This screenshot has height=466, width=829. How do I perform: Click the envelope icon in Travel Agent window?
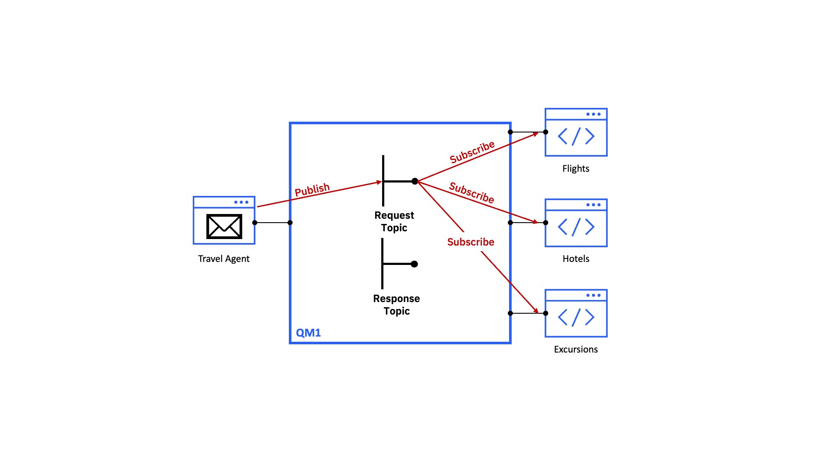tap(224, 227)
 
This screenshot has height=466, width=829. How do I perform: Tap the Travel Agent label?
tap(224, 259)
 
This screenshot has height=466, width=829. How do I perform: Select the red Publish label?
tap(312, 189)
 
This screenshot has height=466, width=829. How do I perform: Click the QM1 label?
tap(308, 333)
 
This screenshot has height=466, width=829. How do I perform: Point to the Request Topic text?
tap(394, 221)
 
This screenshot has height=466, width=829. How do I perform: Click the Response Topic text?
tap(396, 305)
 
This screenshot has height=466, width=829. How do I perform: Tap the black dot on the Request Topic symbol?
tap(415, 181)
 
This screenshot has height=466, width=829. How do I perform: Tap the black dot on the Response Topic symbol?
tap(414, 264)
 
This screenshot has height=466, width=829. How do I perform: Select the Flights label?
tap(576, 169)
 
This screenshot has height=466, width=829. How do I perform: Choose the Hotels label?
tap(576, 259)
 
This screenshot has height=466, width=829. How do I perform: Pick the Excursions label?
tap(576, 349)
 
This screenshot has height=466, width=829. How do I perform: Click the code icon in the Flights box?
tap(576, 136)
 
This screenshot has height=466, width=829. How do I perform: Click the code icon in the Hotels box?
tap(576, 227)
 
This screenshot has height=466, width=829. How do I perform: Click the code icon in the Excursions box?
tap(576, 318)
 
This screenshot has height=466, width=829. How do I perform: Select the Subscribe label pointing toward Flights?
tap(472, 152)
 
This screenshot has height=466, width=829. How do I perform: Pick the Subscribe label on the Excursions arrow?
tap(471, 242)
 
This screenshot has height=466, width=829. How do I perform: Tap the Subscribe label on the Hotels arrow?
tap(471, 192)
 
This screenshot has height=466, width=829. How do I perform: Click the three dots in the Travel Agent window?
tap(241, 202)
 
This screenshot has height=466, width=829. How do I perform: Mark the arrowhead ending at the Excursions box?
tap(536, 311)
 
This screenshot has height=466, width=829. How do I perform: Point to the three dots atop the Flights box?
tap(593, 114)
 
